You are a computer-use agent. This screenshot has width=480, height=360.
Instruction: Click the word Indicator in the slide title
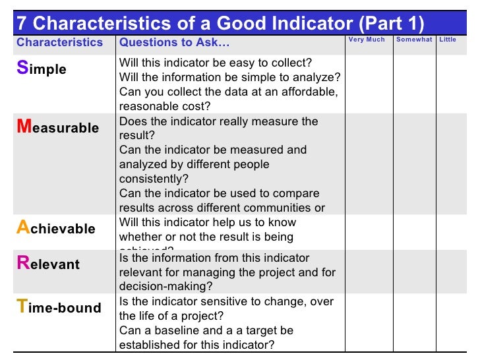pos(304,23)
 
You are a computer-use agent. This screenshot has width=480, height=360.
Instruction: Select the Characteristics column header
pos(60,43)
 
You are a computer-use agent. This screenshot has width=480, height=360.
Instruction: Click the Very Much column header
pos(367,40)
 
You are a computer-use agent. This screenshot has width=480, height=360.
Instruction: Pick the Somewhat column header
pos(414,40)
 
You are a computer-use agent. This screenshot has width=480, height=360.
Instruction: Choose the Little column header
pos(448,40)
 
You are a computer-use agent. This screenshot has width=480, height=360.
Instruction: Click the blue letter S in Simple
pos(22,69)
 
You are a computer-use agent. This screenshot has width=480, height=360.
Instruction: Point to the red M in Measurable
pos(24,127)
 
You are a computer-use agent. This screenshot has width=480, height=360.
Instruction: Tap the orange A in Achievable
pos(23,228)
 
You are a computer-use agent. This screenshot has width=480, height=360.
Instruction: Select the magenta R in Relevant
pos(22,264)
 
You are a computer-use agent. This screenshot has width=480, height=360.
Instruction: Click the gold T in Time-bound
pos(22,307)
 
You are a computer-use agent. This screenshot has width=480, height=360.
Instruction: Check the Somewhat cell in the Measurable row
pos(414,164)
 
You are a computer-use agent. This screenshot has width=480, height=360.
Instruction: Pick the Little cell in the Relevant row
pos(456,271)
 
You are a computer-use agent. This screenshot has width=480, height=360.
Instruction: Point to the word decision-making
pos(165,287)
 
